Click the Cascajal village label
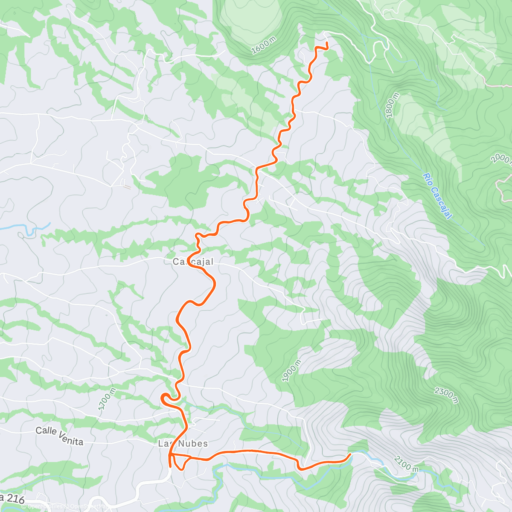tap(193, 262)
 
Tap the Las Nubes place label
tap(183, 444)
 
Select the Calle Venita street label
tap(59, 435)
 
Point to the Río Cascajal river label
tap(437, 196)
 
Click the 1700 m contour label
tap(107, 399)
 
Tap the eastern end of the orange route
tap(351, 454)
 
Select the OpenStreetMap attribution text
tap(85, 506)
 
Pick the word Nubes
tap(193, 444)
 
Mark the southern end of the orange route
tap(171, 467)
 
